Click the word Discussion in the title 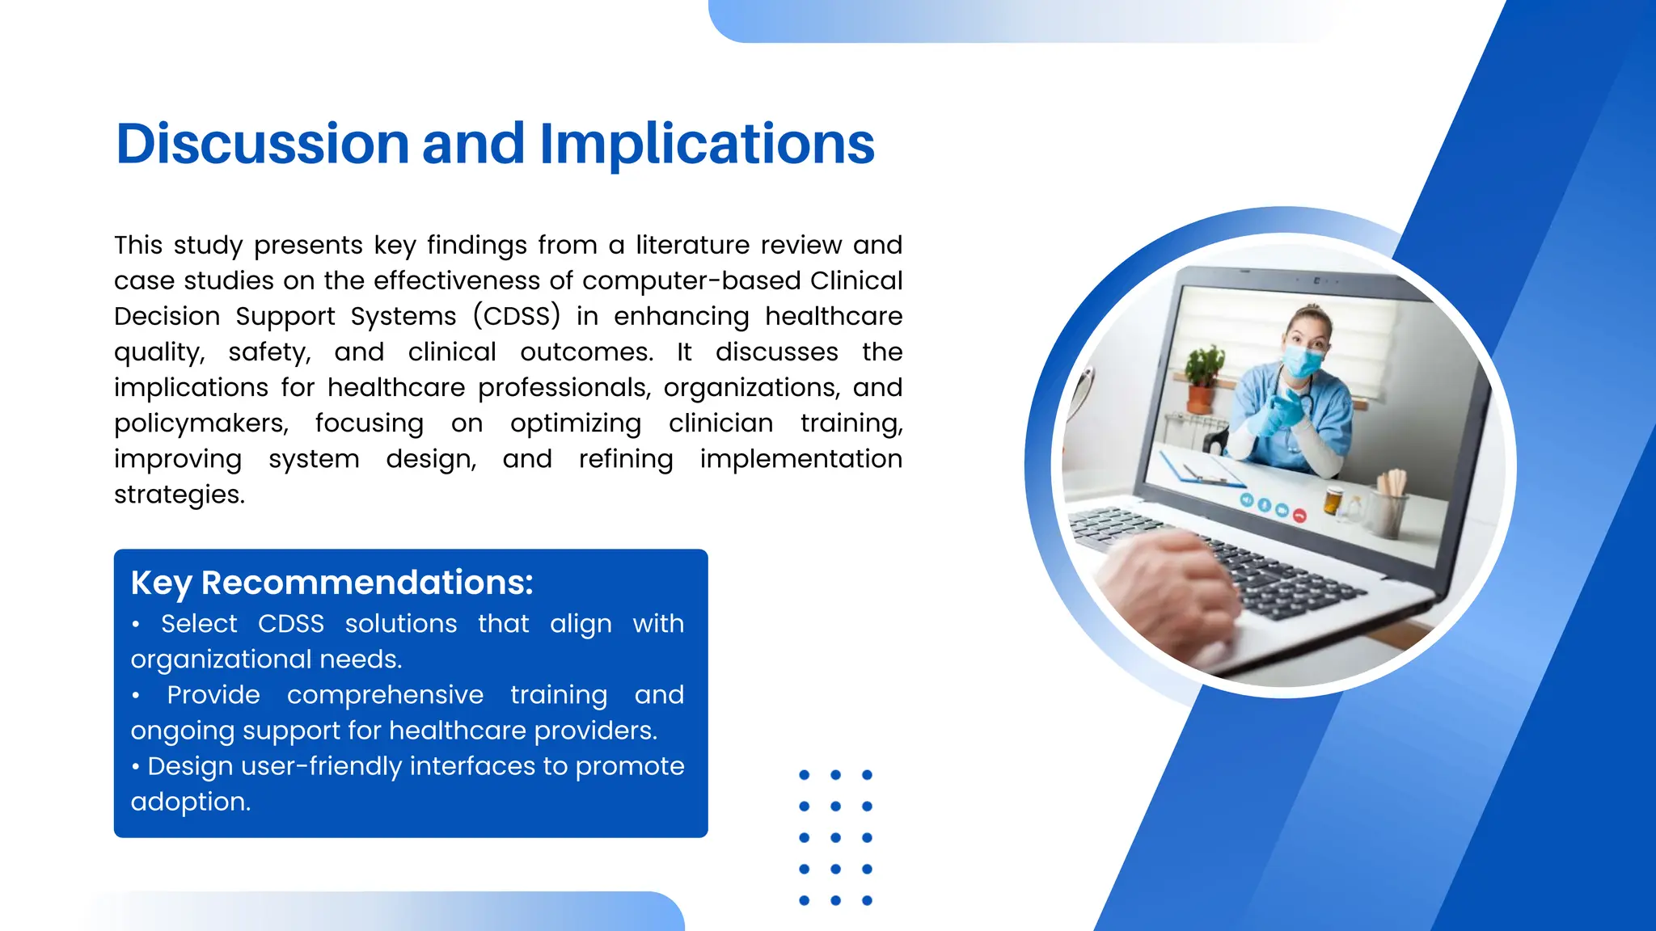(263, 144)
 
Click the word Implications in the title (707, 144)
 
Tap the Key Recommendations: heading (332, 583)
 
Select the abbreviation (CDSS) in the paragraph (516, 316)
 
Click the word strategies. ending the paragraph (179, 494)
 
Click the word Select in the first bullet (199, 624)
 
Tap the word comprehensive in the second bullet (385, 695)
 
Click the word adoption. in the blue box (191, 802)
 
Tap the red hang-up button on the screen (1299, 515)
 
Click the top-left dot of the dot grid (804, 775)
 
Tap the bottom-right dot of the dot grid (867, 900)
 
